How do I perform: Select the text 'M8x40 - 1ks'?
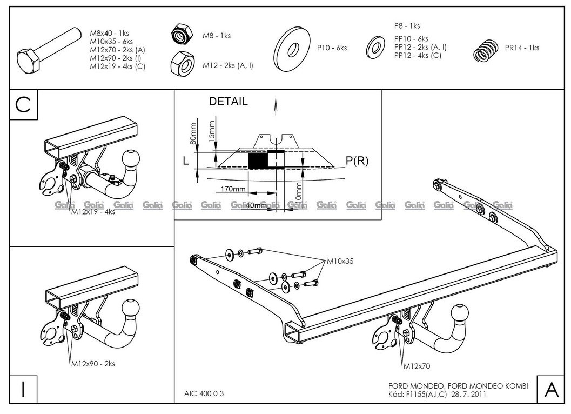pyautogui.click(x=109, y=33)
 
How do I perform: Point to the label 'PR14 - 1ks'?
pyautogui.click(x=522, y=48)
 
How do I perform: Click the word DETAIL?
pyautogui.click(x=229, y=101)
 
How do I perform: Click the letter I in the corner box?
pyautogui.click(x=23, y=390)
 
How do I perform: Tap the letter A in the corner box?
pyautogui.click(x=550, y=389)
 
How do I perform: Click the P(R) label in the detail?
pyautogui.click(x=357, y=161)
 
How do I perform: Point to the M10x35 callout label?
pyautogui.click(x=340, y=262)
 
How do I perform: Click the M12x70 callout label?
pyautogui.click(x=416, y=366)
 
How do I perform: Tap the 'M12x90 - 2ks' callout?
pyautogui.click(x=93, y=364)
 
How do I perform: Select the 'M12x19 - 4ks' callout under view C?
pyautogui.click(x=93, y=212)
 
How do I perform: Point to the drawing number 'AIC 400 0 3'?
pyautogui.click(x=200, y=393)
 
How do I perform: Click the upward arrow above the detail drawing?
pyautogui.click(x=277, y=108)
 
